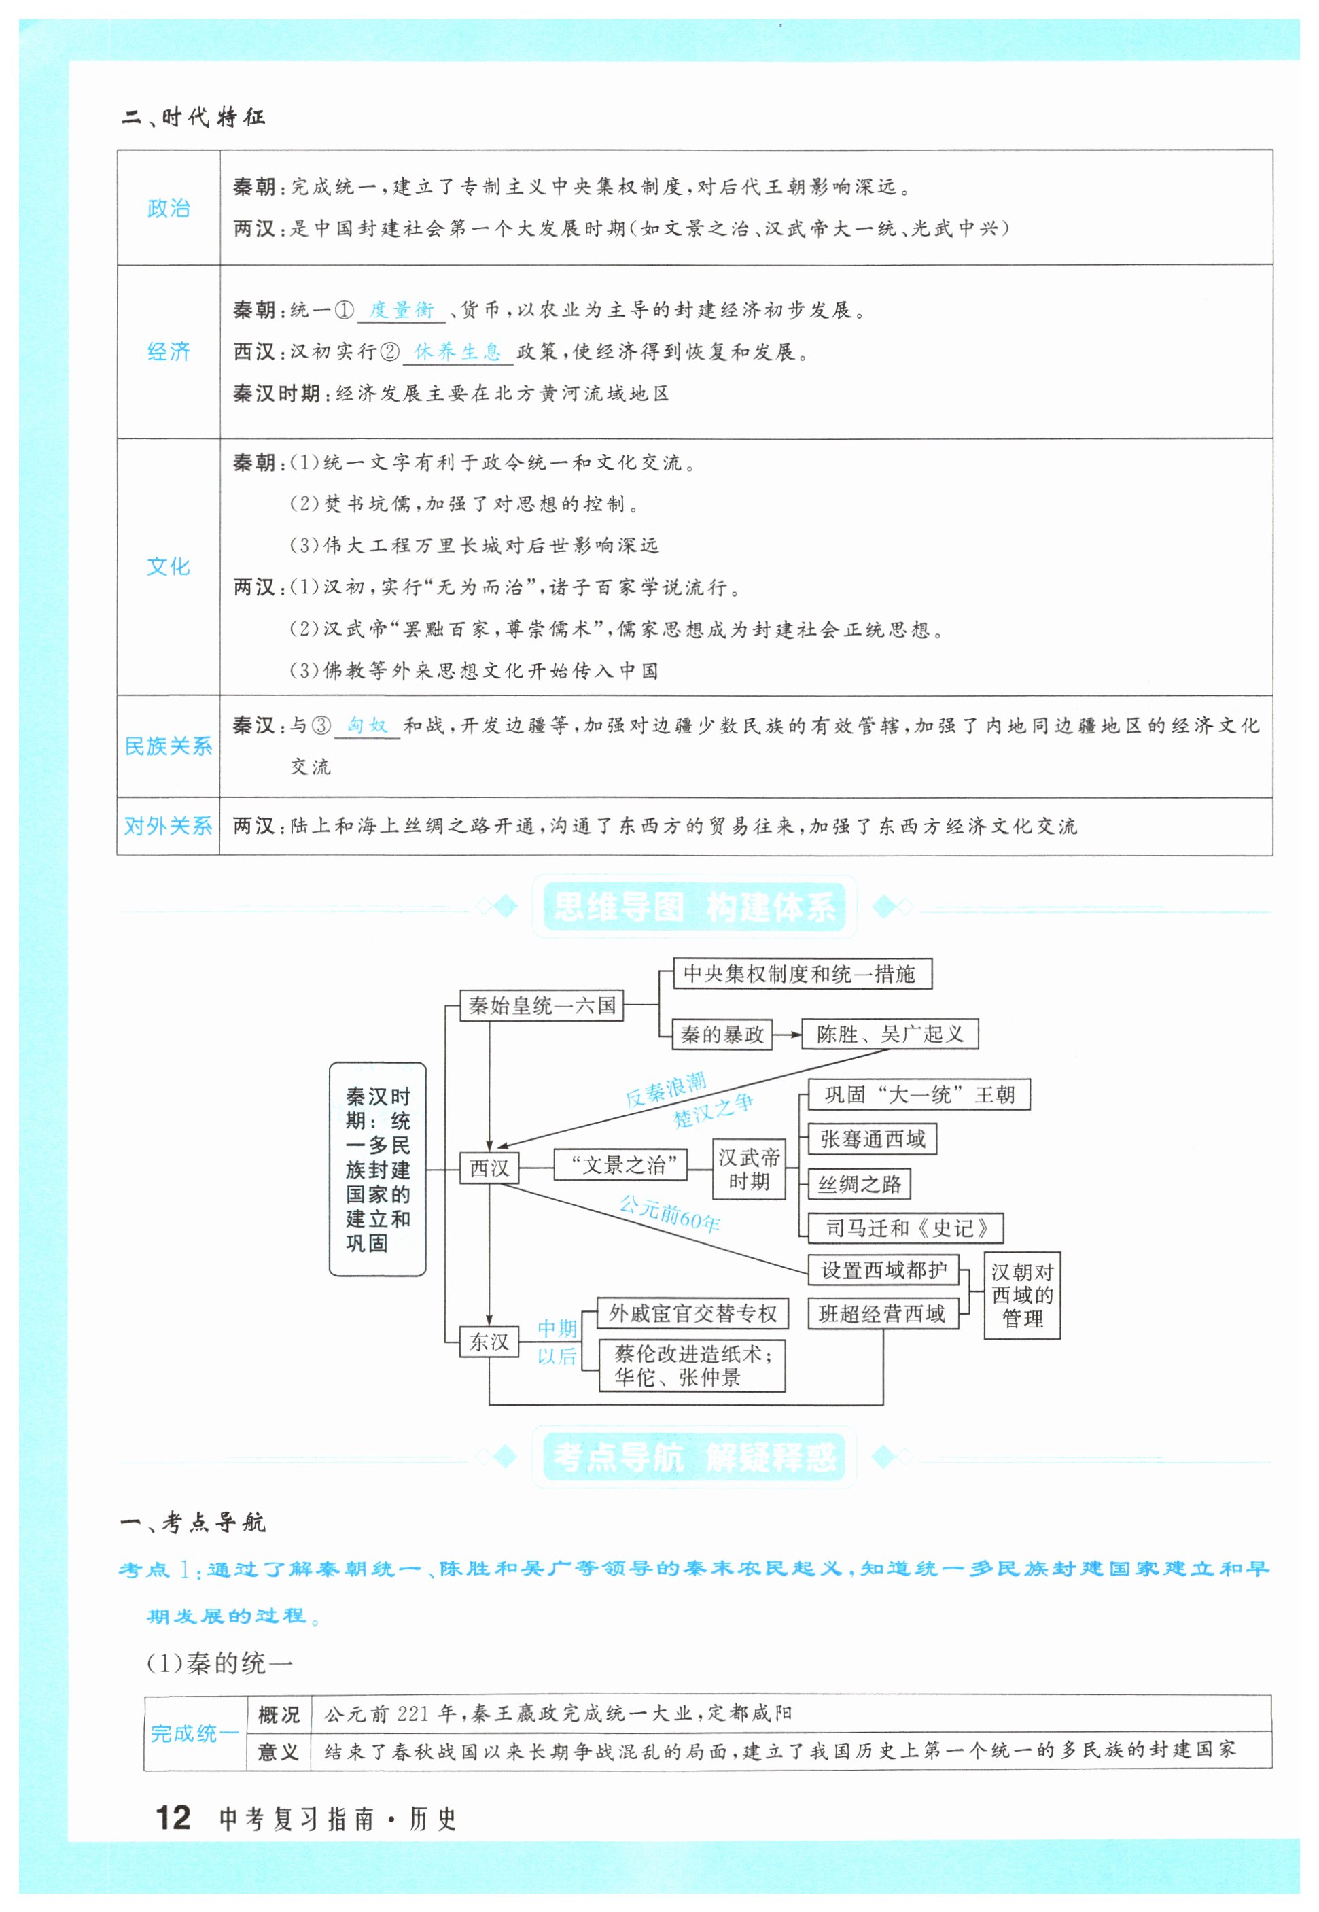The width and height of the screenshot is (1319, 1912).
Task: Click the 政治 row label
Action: click(169, 207)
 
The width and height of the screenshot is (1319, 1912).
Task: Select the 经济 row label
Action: click(169, 351)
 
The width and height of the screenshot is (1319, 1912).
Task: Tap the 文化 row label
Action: click(169, 566)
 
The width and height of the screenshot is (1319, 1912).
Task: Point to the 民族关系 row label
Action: click(169, 746)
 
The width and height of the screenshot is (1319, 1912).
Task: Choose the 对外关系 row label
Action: click(169, 826)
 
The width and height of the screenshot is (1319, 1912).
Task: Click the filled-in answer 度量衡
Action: click(401, 310)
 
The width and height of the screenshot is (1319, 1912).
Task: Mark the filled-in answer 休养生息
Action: click(457, 351)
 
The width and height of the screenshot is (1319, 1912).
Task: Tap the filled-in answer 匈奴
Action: click(367, 725)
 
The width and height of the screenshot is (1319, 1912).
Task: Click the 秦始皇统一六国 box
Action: click(542, 1005)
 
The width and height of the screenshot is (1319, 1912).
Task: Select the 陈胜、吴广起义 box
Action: click(890, 1033)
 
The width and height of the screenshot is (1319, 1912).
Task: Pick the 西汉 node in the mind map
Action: click(489, 1167)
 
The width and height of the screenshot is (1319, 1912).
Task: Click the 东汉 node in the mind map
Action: click(489, 1341)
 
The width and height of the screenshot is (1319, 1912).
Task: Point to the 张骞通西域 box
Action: click(872, 1139)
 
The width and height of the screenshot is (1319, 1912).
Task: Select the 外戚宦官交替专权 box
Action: click(692, 1313)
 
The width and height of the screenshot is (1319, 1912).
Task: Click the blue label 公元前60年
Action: click(669, 1213)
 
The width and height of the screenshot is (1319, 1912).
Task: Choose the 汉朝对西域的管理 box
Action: click(1021, 1295)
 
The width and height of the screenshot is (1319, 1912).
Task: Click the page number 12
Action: click(173, 1818)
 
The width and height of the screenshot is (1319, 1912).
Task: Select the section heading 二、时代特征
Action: click(194, 118)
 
